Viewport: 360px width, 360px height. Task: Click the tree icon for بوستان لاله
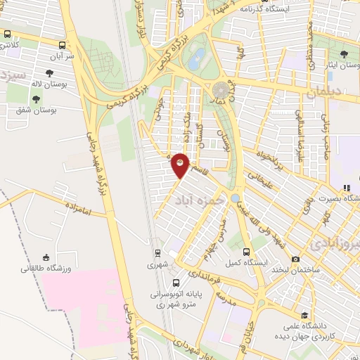click(49, 72)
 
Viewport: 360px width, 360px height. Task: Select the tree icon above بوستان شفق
click(36, 98)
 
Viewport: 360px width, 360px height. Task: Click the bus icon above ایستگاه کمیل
click(246, 251)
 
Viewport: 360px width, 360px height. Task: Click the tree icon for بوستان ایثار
click(343, 53)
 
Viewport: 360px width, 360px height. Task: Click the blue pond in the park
click(198, 56)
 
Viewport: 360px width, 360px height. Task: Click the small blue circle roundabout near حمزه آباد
click(235, 198)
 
